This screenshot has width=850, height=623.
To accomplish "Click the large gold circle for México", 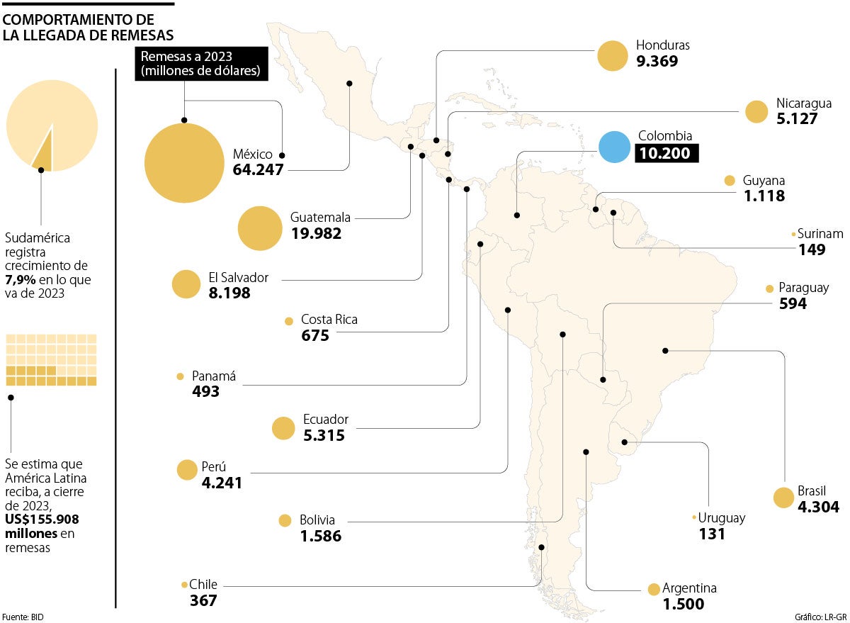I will click(x=184, y=163).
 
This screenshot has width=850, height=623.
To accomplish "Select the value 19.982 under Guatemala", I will click(x=316, y=233).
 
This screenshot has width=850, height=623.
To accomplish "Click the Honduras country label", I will click(x=662, y=45).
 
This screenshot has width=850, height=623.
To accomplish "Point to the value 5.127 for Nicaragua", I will click(x=796, y=119).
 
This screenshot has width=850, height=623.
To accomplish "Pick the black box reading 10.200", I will click(x=667, y=153).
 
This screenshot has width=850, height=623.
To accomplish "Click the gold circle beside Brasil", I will click(x=783, y=498).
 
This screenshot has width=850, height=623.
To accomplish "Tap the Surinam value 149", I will click(x=812, y=249).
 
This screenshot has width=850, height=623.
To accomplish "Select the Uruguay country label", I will click(x=722, y=517).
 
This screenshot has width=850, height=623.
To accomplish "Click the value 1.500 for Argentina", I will click(x=683, y=604).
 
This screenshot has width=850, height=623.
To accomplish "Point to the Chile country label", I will click(x=203, y=585).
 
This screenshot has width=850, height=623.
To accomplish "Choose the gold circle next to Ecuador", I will click(x=283, y=428).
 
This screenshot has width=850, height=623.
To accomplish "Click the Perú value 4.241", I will click(x=221, y=483).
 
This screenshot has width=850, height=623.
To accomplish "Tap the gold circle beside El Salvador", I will click(x=187, y=284).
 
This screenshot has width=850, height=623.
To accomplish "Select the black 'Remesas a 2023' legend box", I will click(x=202, y=64).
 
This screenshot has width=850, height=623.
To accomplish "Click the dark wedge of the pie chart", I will click(x=43, y=153).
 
